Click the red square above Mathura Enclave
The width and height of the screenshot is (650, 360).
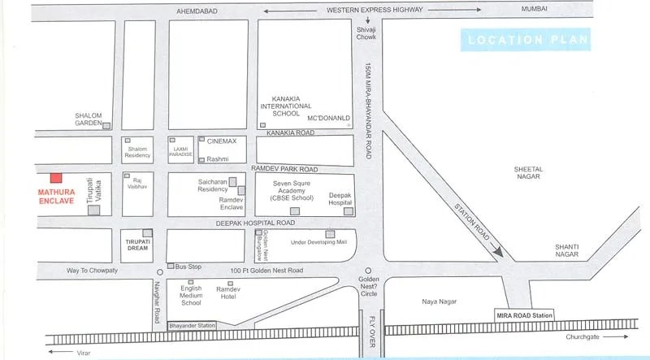55,178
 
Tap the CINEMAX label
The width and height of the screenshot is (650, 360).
222,141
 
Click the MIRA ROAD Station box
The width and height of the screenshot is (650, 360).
524,314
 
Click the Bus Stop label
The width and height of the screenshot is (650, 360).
188,267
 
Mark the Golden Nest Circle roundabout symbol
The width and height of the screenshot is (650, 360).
367,271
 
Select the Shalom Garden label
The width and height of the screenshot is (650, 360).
89,119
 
